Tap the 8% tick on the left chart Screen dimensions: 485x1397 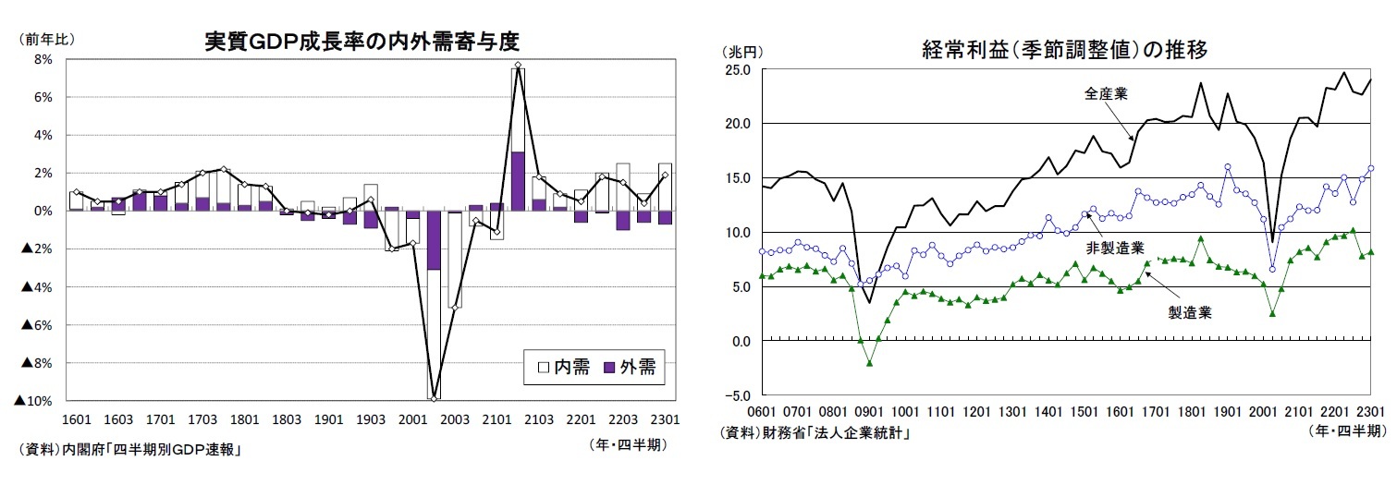point(43,59)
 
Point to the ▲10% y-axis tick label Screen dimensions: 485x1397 point(32,401)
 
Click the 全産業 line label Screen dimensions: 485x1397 point(1105,93)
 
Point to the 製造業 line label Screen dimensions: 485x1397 point(1190,312)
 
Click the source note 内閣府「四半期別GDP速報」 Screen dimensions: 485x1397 point(129,450)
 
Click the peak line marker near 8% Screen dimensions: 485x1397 point(519,66)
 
